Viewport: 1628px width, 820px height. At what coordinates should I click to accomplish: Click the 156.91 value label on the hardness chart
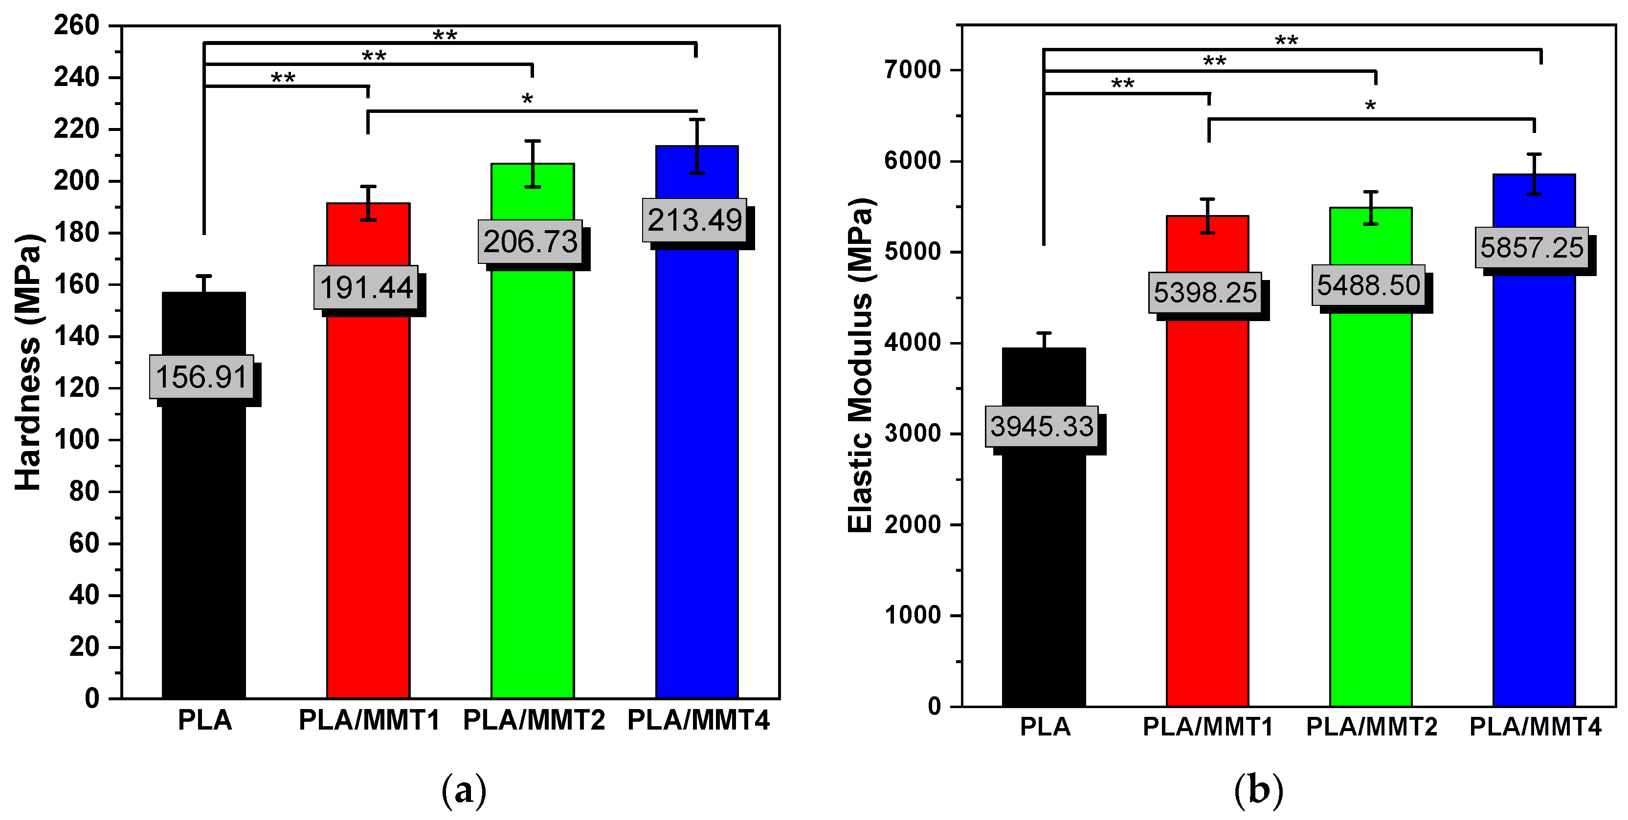point(201,377)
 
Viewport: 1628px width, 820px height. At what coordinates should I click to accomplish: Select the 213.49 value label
point(694,220)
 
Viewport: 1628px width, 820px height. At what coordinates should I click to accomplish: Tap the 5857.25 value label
point(1531,248)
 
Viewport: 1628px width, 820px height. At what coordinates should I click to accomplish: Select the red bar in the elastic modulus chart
point(1206,505)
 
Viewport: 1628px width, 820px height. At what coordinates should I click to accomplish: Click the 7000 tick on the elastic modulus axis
point(913,69)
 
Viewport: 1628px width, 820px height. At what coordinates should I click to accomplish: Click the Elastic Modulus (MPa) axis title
point(860,365)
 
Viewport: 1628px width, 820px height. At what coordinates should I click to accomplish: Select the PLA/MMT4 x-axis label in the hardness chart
point(698,720)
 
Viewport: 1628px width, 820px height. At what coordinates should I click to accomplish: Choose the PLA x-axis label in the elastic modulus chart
point(1045,727)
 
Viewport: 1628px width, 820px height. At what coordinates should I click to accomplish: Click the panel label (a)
point(464,790)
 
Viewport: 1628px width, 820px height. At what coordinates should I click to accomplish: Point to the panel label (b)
point(1258,790)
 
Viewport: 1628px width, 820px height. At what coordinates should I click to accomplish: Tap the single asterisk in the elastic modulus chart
point(1369,106)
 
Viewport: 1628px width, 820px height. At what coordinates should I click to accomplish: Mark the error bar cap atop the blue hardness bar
point(696,119)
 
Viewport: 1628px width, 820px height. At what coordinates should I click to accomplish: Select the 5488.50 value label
point(1368,285)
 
